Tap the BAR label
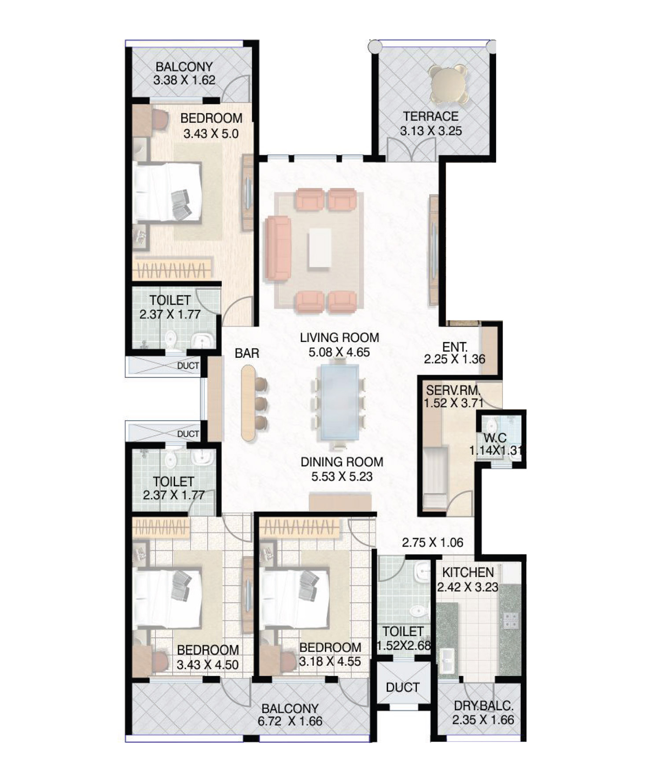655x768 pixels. [247, 353]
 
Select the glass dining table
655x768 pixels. [339, 401]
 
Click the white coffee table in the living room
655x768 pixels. [320, 248]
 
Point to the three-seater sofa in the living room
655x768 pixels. [278, 248]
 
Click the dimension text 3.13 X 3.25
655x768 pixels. [431, 131]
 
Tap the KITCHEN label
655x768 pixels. [468, 572]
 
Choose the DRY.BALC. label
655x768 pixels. [484, 706]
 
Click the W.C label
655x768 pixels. [495, 437]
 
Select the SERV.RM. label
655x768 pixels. [453, 390]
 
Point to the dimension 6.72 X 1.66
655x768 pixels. [290, 721]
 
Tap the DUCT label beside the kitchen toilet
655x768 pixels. [403, 687]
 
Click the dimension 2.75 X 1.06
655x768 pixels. [433, 542]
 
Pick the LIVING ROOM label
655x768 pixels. [339, 338]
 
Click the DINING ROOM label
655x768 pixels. [342, 462]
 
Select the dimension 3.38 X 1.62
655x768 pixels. [184, 80]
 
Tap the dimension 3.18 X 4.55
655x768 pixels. [330, 661]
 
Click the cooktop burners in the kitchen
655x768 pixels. [511, 620]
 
